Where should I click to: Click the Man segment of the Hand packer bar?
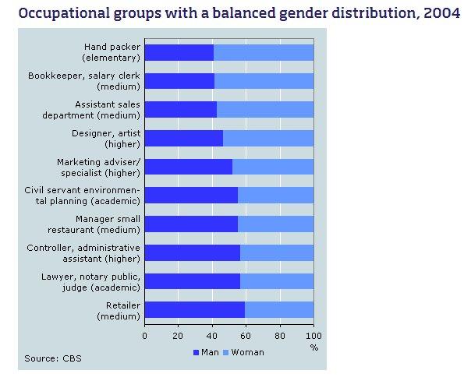pos(179,52)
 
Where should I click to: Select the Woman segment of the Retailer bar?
pos(279,310)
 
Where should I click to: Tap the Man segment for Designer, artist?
pos(183,138)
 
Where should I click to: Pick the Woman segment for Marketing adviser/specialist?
pos(273,167)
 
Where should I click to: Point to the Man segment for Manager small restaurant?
pos(191,224)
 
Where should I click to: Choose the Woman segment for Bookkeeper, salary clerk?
pos(264,81)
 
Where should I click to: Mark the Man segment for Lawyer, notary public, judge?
pos(192,281)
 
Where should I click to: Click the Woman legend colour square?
pos(225,352)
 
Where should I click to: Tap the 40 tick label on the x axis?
pos(212,336)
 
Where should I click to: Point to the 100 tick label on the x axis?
pos(313,336)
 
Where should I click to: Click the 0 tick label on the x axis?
pos(144,336)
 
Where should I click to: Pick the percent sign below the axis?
pos(313,347)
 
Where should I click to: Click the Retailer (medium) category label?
pos(118,310)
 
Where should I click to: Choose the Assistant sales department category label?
pos(107,109)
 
